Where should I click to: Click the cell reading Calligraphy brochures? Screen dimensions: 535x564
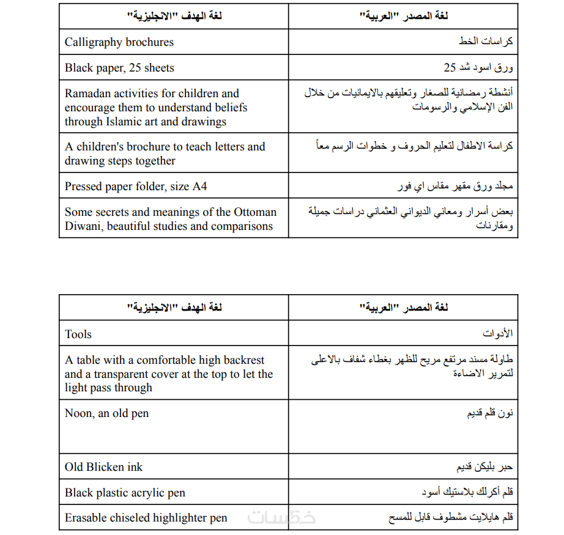pos(119,42)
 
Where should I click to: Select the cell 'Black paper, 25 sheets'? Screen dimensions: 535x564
pos(119,68)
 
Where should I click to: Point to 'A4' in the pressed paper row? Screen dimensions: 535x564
pos(200,186)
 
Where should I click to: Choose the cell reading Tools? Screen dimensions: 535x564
pos(78,334)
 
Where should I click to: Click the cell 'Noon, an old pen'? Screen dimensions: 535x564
pos(107,413)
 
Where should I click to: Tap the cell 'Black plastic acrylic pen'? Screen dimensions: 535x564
pos(125,493)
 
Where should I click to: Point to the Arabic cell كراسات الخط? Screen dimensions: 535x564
pos(486,42)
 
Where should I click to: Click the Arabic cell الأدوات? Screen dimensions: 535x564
pos(498,334)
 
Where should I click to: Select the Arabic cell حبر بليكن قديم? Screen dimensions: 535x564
pos(484,467)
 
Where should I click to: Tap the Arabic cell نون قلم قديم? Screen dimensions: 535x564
pos(490,414)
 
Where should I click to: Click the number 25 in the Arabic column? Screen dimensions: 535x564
pos(450,68)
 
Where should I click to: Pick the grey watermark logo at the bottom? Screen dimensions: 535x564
pos(281,517)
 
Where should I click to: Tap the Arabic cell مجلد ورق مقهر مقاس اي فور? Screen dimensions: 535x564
pos(455,186)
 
